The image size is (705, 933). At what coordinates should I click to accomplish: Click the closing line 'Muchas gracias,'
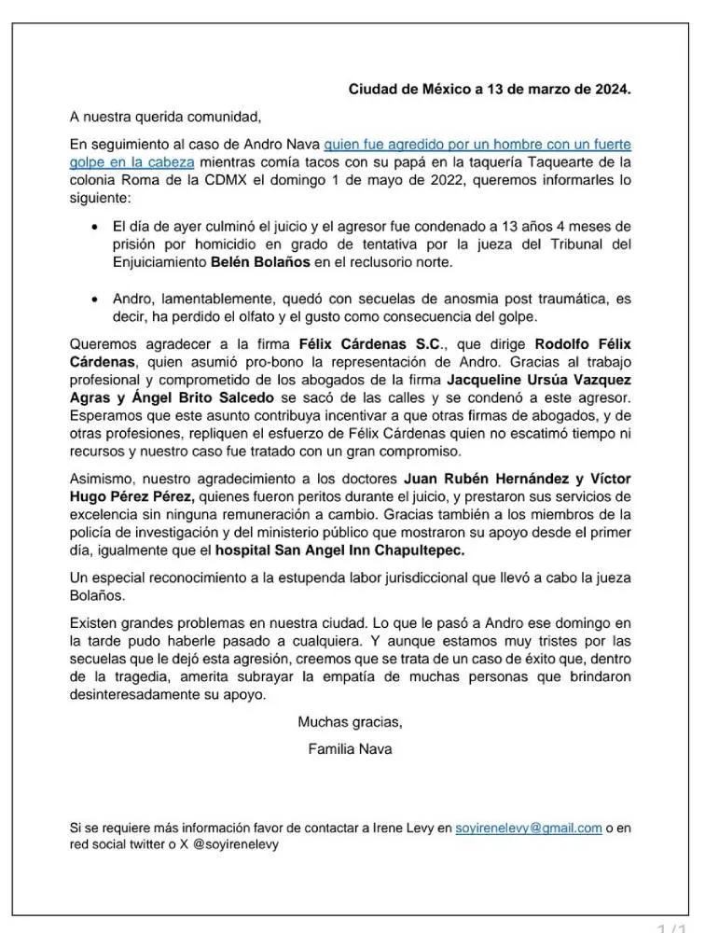[x=350, y=721]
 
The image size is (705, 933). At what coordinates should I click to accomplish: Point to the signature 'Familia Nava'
[x=350, y=748]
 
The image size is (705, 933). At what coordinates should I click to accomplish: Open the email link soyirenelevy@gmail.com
[x=529, y=828]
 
